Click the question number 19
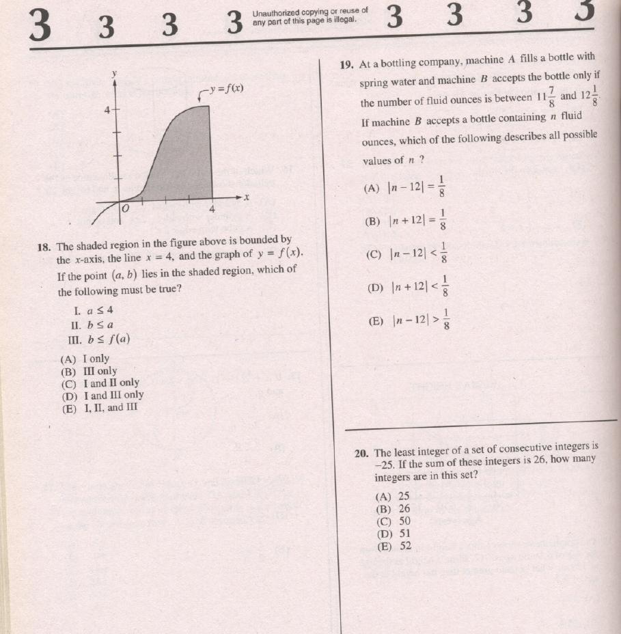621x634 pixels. coord(346,65)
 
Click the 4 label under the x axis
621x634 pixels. coord(212,209)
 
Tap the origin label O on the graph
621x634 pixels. coord(124,208)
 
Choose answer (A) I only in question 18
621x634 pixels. coord(85,359)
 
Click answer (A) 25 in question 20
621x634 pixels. coord(394,496)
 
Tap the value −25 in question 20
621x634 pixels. coord(387,464)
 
